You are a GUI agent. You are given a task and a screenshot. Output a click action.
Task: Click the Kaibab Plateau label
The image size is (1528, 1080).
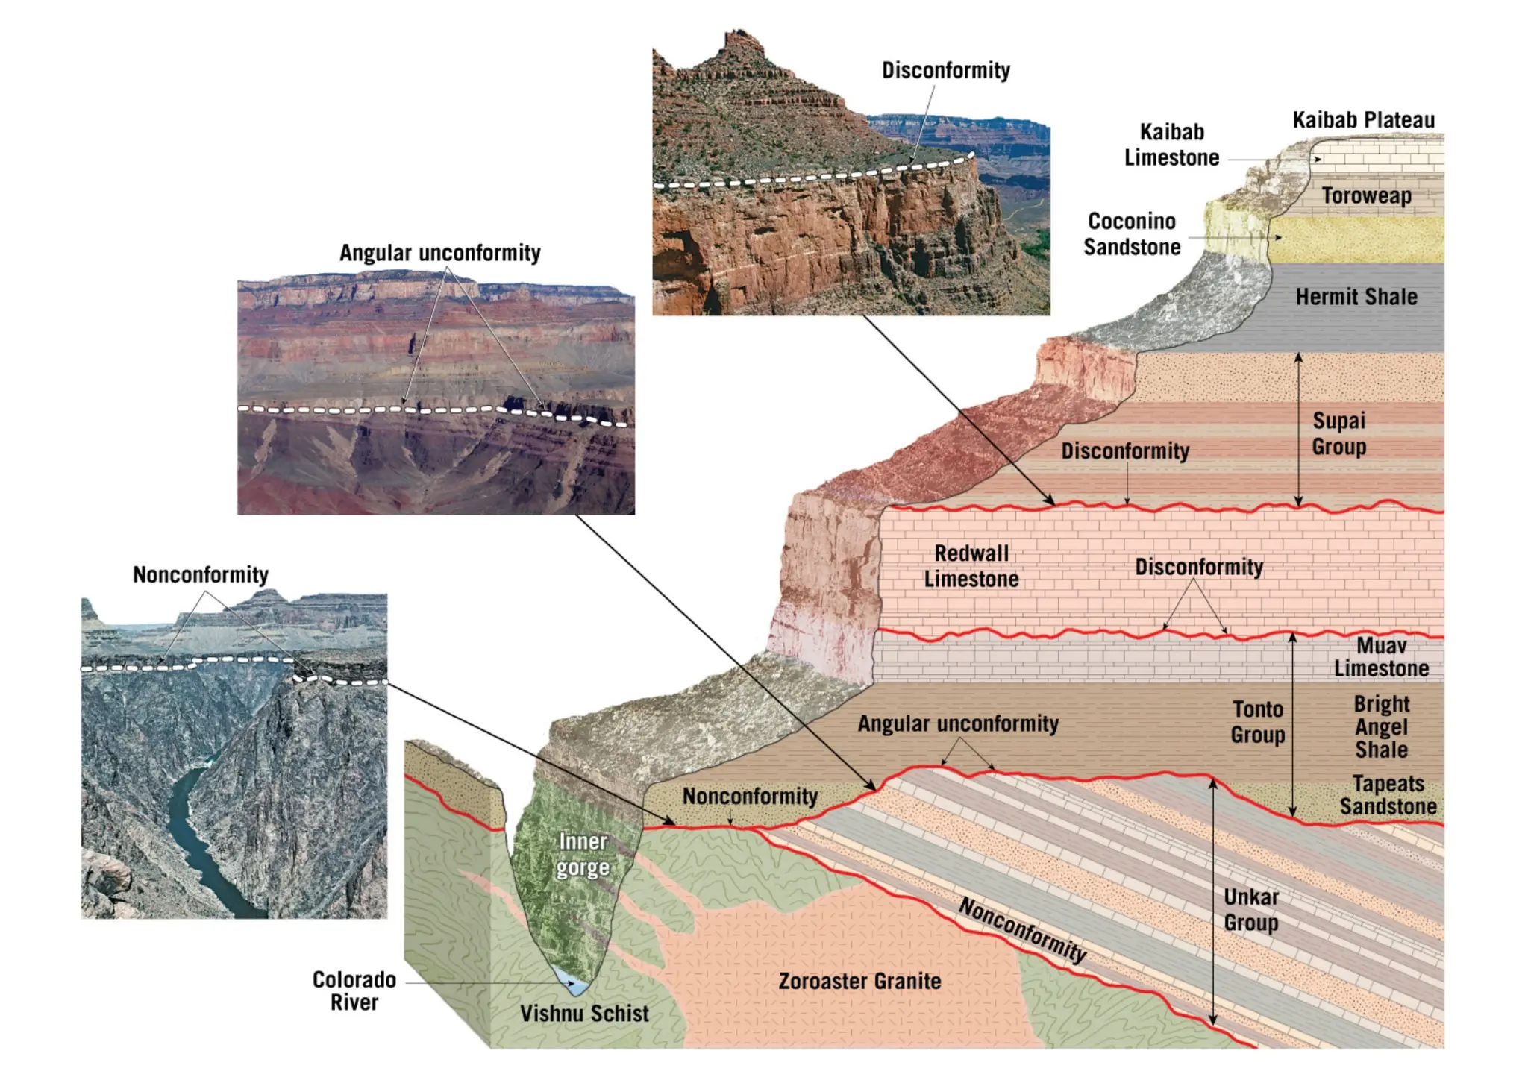[1363, 120]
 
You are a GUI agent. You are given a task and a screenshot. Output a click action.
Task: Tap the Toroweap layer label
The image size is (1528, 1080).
[1366, 195]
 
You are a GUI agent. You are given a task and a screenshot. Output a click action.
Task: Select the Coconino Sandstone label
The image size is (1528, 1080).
[1132, 233]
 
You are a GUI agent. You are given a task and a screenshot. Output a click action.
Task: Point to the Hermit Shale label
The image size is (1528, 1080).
[1356, 297]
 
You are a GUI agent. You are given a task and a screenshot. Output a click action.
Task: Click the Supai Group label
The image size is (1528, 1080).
[1338, 433]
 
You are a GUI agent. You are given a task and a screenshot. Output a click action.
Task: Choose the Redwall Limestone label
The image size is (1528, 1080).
[971, 566]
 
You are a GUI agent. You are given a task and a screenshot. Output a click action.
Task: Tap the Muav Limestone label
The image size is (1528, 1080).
[1381, 656]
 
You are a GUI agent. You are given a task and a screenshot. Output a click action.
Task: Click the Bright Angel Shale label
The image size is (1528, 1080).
[1381, 726]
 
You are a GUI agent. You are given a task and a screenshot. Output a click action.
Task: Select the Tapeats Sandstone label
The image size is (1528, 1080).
[1388, 795]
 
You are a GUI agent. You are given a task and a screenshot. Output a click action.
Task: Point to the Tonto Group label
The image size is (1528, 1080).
[1257, 721]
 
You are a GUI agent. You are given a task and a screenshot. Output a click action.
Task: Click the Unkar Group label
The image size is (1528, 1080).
[1250, 909]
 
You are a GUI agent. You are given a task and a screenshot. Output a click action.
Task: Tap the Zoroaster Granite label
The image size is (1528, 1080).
[859, 981]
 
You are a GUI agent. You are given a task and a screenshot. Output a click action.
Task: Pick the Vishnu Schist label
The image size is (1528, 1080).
[584, 1014]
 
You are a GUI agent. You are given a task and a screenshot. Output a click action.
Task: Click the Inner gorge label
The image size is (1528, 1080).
[583, 855]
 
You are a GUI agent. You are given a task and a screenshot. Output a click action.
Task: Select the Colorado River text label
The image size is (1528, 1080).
[354, 990]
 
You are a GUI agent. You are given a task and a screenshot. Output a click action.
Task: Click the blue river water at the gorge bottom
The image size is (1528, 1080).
[573, 982]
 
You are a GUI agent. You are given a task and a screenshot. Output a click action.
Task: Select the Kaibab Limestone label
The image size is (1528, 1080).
[1171, 145]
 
